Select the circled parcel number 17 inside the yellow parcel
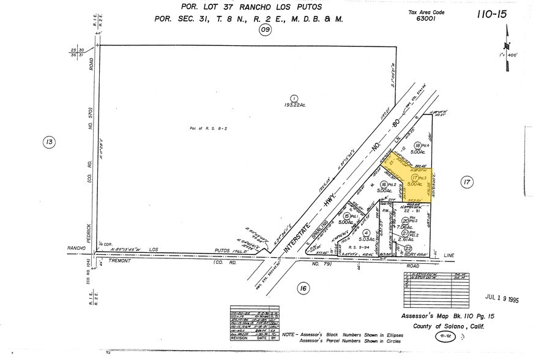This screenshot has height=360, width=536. (415, 177)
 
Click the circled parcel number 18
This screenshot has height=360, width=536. (417, 144)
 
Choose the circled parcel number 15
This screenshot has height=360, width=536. (347, 216)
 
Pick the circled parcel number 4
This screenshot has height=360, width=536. (366, 233)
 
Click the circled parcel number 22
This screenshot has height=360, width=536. (408, 248)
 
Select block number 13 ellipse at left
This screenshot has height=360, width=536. (50, 143)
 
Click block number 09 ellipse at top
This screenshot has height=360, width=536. (265, 29)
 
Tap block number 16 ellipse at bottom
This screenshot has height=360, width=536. (302, 288)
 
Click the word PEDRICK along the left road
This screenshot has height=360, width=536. (89, 223)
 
